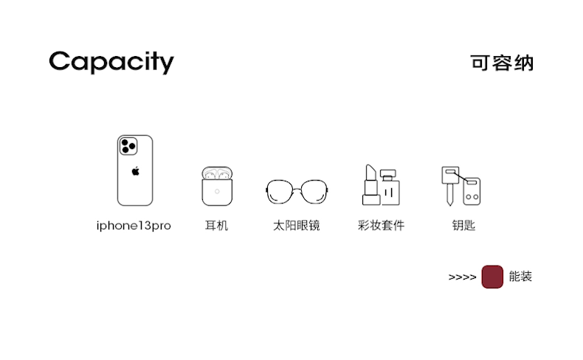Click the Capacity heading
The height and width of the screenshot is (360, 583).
[x=111, y=62]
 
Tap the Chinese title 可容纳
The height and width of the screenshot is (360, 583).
[x=502, y=63]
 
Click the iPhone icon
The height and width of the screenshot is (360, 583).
[x=135, y=170]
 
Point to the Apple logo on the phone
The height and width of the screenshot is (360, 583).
[x=135, y=171]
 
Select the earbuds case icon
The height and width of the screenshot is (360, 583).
[x=216, y=186]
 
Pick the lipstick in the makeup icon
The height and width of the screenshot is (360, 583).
[x=370, y=185]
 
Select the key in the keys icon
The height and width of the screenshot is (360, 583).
[x=448, y=183]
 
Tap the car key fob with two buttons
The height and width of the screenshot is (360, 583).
[x=472, y=192]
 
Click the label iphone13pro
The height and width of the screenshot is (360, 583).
[x=134, y=226]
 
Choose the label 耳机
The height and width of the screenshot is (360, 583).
[x=216, y=226]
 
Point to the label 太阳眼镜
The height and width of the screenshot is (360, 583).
[x=296, y=226]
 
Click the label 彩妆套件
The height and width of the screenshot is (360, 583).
[x=381, y=226]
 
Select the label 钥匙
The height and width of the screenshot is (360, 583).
[x=463, y=226]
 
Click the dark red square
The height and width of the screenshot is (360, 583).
[x=492, y=277]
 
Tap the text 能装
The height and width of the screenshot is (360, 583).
[x=520, y=277]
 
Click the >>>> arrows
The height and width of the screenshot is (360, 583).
[x=462, y=278]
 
